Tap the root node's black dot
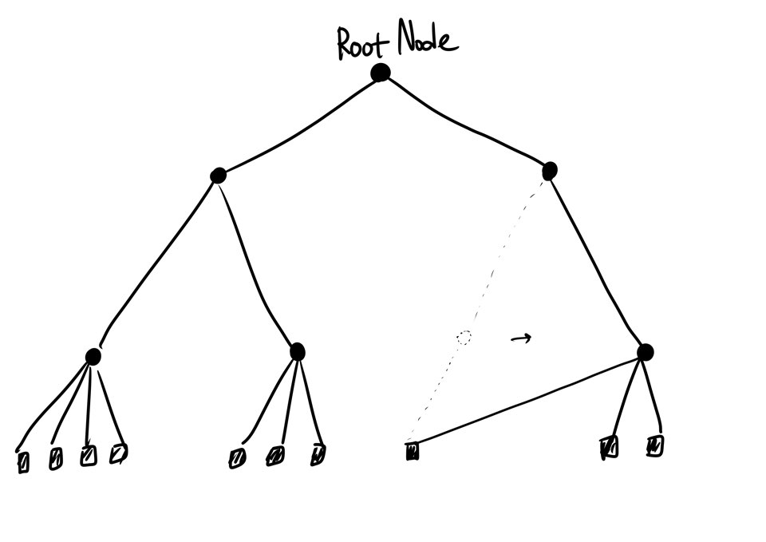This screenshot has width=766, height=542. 381,73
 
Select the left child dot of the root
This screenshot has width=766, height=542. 218,176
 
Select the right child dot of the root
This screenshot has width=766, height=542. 549,171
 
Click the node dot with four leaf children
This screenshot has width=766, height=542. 93,357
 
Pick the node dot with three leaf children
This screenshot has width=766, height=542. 297,351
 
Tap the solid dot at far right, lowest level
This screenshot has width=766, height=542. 646,352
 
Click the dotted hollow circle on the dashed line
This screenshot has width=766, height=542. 464,338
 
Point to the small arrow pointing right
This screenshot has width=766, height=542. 521,338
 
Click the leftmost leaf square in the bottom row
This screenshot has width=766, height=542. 23,462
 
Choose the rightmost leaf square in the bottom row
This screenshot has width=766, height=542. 655,445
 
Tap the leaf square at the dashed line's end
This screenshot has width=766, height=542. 412,453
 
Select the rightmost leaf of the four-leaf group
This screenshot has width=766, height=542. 118,453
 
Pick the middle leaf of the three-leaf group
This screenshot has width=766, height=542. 275,457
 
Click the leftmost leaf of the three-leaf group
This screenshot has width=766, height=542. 237,458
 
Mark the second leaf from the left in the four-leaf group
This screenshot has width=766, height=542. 55,459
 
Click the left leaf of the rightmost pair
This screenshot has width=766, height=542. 609,448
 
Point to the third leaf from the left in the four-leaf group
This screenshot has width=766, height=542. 88,456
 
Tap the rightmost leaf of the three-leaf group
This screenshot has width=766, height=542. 318,454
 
